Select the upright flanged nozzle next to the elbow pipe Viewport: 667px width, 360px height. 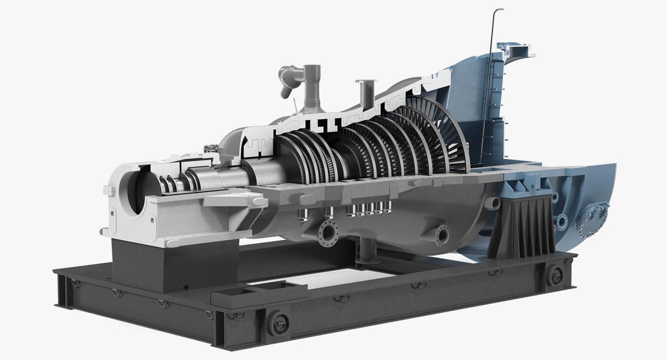(313, 89)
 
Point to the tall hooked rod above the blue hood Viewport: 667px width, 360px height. (494, 33)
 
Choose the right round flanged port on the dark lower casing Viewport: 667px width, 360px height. (442, 235)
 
